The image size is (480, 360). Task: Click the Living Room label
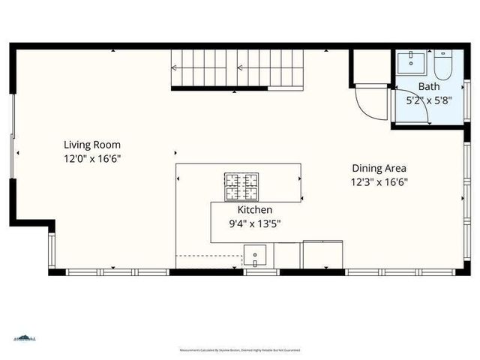click(91, 145)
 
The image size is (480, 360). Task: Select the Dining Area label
click(378, 169)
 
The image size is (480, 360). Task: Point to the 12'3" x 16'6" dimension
click(378, 181)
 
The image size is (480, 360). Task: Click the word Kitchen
click(255, 210)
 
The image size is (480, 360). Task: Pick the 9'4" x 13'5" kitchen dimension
click(255, 223)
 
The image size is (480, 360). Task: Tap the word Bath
click(418, 86)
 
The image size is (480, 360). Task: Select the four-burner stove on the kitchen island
click(240, 184)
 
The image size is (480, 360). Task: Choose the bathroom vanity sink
click(412, 62)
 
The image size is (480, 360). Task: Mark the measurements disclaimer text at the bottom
click(240, 350)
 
